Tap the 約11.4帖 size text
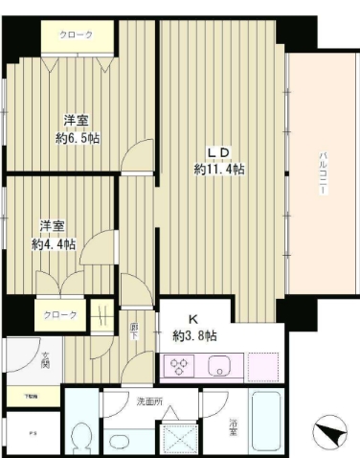tap(218, 170)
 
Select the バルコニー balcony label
tap(324, 175)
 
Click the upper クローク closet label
tap(77, 35)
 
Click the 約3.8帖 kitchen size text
tap(194, 337)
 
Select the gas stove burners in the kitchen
tap(182, 366)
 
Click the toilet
tap(82, 435)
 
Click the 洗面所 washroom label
tap(150, 401)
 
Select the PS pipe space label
tap(18, 430)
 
